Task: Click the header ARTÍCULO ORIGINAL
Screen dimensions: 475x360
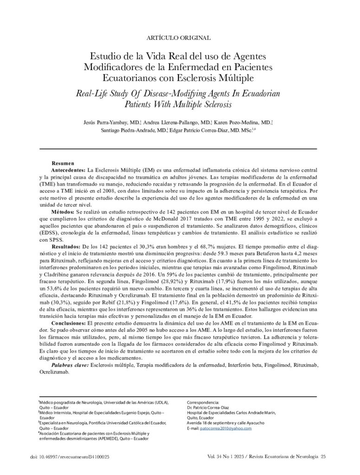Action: pos(179,38)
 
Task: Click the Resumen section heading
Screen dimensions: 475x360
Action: pos(63,164)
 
